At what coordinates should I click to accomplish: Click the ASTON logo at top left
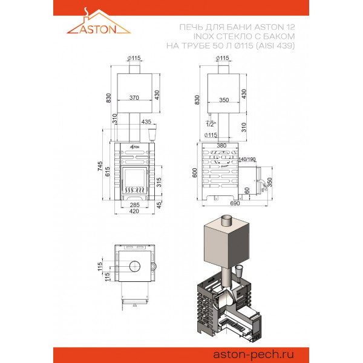pos(99,21)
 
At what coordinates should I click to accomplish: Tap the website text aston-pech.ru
pos(253,355)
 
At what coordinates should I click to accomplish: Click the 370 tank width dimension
pos(134,97)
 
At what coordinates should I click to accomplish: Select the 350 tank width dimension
pos(224,100)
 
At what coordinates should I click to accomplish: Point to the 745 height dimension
pos(100,166)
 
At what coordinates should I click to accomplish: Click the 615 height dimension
pos(108,172)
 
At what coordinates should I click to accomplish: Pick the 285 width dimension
pos(135,204)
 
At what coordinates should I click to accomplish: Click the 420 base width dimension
pos(134,211)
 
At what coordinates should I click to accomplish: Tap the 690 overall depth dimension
pos(235,203)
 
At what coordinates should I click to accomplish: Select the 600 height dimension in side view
pos(195,172)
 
